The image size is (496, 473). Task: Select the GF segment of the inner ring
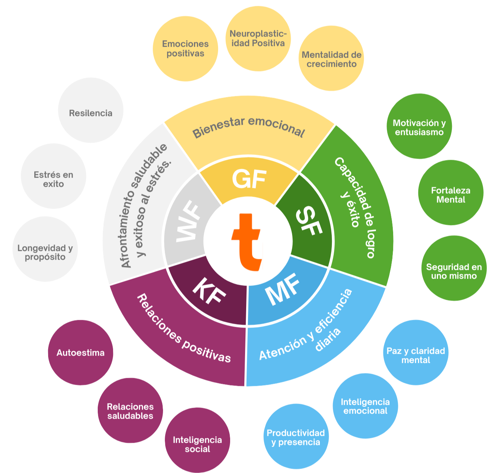tap(249, 179)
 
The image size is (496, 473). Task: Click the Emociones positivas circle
tap(185, 49)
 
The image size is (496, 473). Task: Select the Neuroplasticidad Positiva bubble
tap(258, 39)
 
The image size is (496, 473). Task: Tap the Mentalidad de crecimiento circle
tap(332, 59)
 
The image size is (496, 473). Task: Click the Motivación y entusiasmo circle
tap(419, 127)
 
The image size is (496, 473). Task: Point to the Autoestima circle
tap(81, 353)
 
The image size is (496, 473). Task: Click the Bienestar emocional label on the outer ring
tap(249, 128)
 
